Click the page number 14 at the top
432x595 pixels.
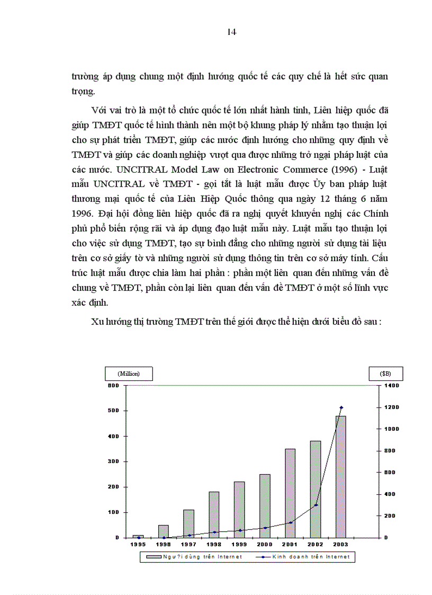coord(231,32)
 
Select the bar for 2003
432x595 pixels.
coord(340,477)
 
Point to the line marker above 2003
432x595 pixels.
coord(341,407)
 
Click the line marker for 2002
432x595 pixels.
coord(316,505)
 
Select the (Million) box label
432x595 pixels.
coord(128,374)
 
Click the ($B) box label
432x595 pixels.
coord(385,374)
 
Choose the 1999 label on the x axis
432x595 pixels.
coord(239,545)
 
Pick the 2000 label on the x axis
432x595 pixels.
coord(265,545)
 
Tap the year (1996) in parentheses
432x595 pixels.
coord(332,155)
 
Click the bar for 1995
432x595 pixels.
coord(138,536)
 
